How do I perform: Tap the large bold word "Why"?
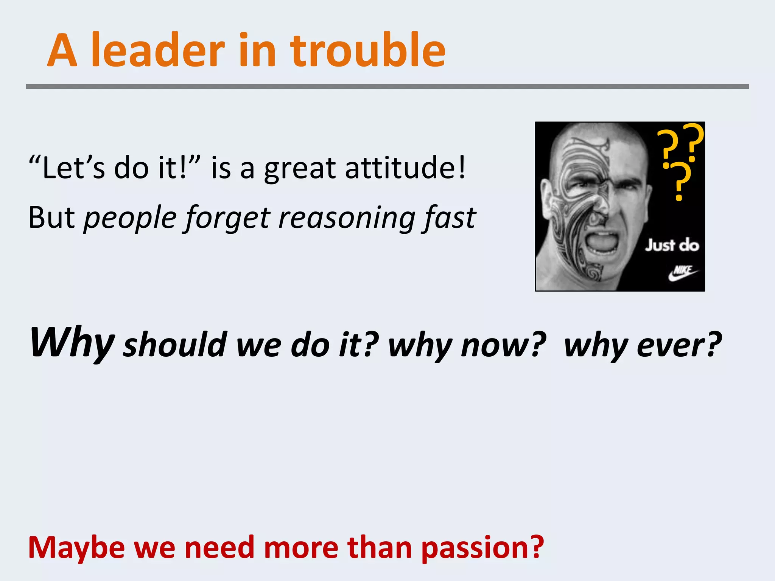click(72, 343)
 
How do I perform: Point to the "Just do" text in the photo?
click(672, 245)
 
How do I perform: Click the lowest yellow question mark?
click(680, 182)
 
